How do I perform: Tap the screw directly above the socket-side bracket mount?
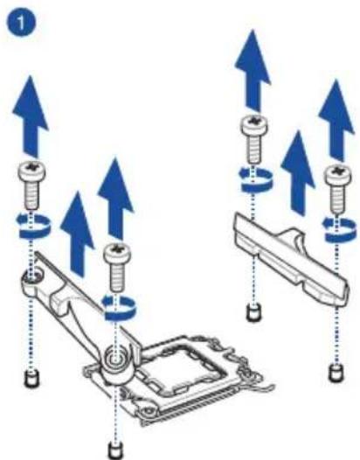point(118,267)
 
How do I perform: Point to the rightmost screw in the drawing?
point(338,189)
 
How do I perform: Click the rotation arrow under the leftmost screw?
point(33,225)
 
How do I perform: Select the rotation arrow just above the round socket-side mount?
point(119,307)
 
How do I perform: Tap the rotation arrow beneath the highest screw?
point(256,179)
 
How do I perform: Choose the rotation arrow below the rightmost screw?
point(340,229)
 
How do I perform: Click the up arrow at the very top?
point(253,71)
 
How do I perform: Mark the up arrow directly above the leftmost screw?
point(31,117)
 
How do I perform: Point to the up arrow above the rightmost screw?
point(336,121)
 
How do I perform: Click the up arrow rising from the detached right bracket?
point(298,174)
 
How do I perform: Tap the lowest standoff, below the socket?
point(115,450)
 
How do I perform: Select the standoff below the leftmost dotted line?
point(32,378)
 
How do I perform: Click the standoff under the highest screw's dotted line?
point(253,313)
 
